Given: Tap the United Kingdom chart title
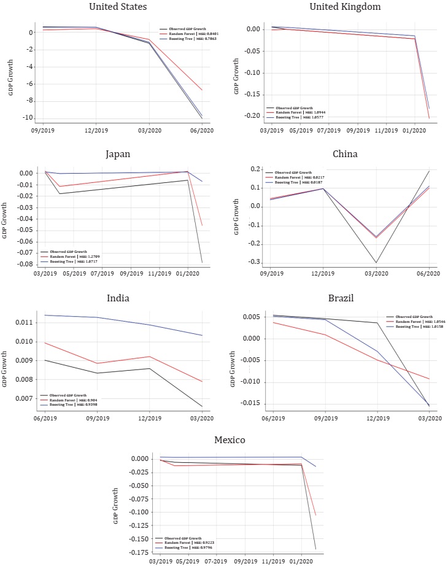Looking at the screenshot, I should tap(344, 7).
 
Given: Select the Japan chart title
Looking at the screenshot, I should tap(118, 154).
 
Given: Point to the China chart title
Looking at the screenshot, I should tap(345, 154).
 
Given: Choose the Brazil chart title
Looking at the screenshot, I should tap(344, 299).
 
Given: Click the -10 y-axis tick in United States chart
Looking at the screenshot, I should tap(25, 118).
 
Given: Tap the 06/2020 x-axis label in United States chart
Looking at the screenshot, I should tap(203, 130).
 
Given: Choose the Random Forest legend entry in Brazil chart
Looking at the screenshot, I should tap(419, 322).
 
